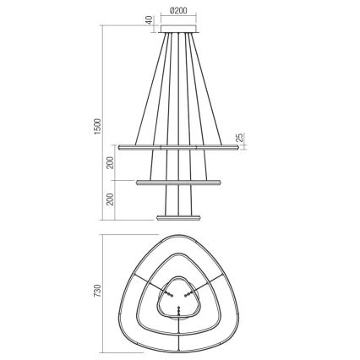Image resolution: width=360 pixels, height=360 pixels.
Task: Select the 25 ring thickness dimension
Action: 241,138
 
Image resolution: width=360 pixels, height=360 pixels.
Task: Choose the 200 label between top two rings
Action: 111,162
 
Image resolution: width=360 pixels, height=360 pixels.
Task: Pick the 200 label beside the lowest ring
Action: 111,199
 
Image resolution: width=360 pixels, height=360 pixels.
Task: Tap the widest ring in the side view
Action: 180,146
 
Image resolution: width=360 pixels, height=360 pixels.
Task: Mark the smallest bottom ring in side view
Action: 180,216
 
